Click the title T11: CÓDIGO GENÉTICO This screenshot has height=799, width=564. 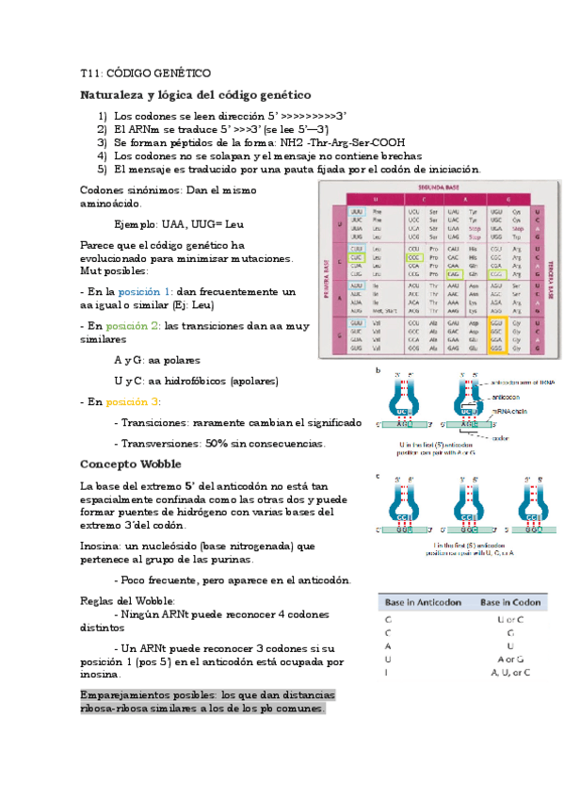pos(145,73)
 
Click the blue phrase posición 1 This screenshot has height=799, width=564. pos(145,292)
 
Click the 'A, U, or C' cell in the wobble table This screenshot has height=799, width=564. pos(510,672)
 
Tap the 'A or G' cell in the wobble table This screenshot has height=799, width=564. pos(510,659)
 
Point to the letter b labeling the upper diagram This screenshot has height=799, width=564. pos(379,370)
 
